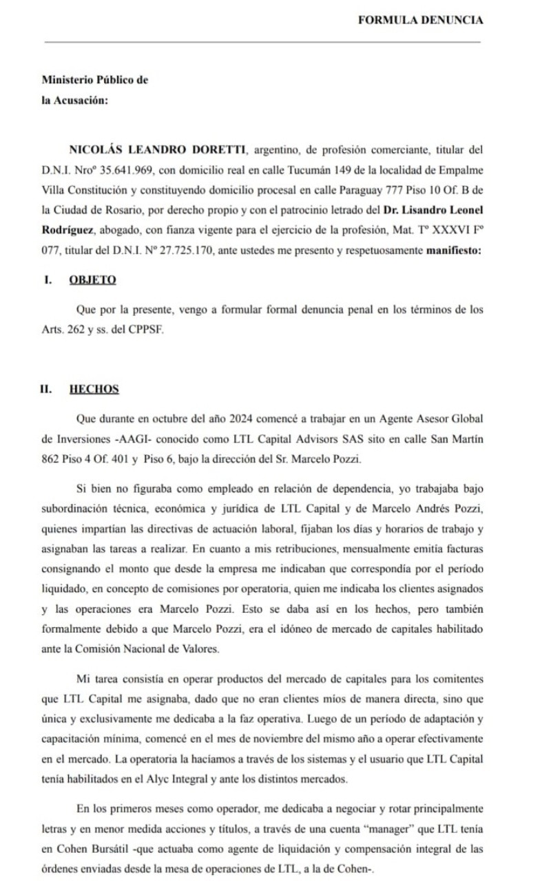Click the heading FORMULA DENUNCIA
pyautogui.click(x=420, y=20)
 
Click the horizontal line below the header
pyautogui.click(x=262, y=42)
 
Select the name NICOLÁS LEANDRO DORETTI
pyautogui.click(x=157, y=149)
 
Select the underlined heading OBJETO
pyautogui.click(x=92, y=279)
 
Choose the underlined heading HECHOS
pyautogui.click(x=94, y=389)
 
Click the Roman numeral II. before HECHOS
pyautogui.click(x=45, y=389)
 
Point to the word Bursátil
pyautogui.click(x=101, y=849)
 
